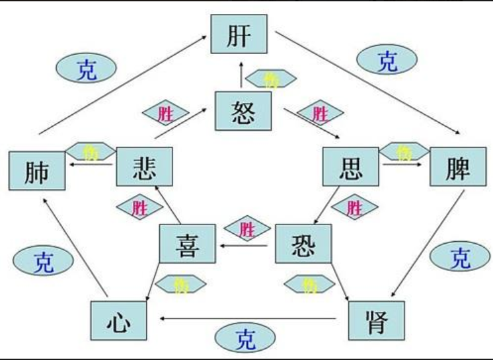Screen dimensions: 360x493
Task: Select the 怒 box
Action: pos(245,112)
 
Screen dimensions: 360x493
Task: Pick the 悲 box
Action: pos(144,166)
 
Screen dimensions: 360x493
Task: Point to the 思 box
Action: pos(351,166)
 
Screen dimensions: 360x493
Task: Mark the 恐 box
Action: pos(303,244)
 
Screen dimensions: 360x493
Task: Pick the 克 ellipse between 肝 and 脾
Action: pos(387,60)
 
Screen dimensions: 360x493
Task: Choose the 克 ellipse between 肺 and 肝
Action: pos(87,67)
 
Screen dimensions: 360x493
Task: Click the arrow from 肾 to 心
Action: pos(251,319)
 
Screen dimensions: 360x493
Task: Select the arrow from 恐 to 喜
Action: pos(245,246)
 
